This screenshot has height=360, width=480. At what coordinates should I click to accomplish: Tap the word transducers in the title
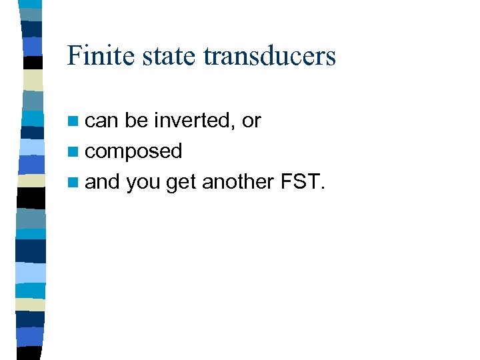coord(269,55)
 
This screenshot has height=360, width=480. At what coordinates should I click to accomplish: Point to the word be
coord(136,121)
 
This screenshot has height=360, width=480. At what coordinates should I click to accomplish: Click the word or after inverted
coord(251,121)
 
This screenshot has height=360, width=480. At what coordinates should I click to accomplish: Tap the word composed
coord(133,152)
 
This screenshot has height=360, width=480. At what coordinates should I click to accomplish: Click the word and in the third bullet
coord(102,181)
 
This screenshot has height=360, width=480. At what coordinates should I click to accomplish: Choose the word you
coord(143,182)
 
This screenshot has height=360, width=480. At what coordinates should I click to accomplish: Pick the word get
coord(181,182)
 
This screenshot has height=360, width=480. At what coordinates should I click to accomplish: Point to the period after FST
coord(323,188)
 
